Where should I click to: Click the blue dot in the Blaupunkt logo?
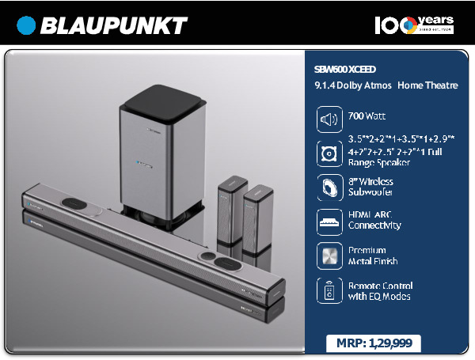(27, 25)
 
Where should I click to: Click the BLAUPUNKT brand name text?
(113, 25)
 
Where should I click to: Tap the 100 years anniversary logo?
(413, 25)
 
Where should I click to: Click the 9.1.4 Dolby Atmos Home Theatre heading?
(386, 85)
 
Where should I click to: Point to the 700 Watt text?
(367, 116)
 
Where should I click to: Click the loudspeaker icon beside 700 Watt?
(329, 119)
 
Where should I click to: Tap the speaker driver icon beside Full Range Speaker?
(329, 153)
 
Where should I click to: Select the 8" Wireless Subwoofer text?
(370, 187)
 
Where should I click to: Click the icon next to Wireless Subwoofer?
(329, 188)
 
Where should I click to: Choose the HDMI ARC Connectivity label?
(374, 220)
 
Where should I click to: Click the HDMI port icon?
(329, 222)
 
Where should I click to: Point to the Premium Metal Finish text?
(373, 256)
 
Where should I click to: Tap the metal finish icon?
(329, 256)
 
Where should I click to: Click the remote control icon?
(329, 290)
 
